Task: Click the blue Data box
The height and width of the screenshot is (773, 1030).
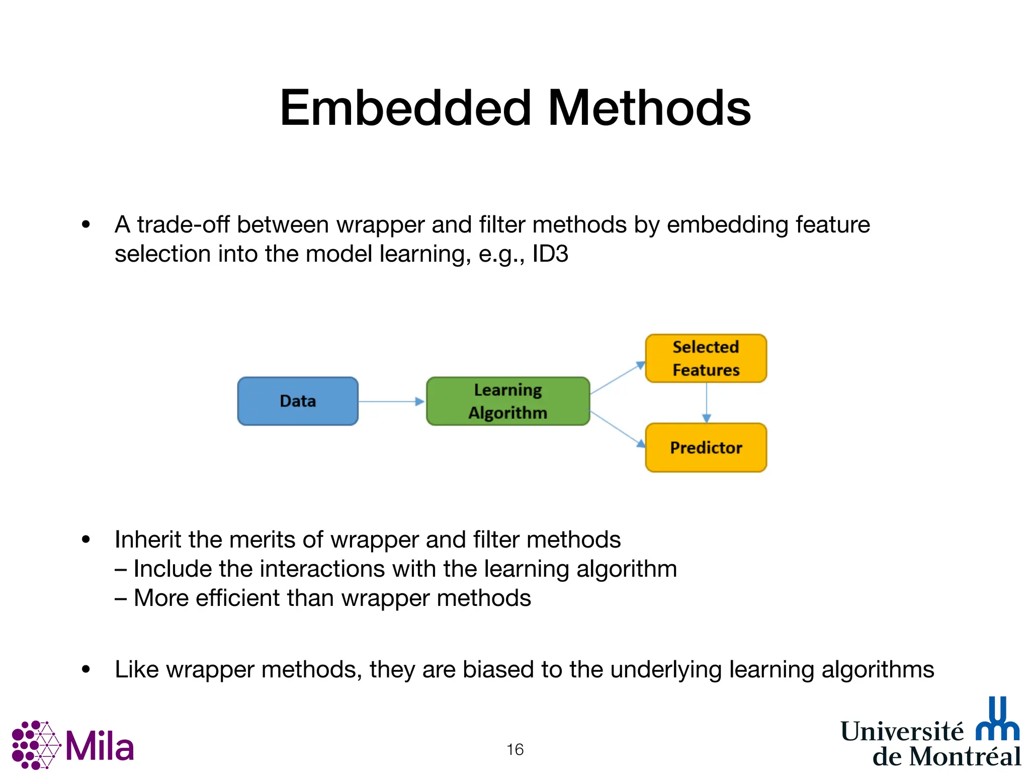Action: click(x=298, y=401)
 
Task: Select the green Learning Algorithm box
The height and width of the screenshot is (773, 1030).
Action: click(x=508, y=401)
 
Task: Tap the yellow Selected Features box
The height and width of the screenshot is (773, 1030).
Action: click(x=706, y=358)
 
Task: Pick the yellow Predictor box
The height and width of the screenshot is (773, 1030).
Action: click(x=706, y=447)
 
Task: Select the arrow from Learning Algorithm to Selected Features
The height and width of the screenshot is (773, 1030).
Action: click(x=617, y=378)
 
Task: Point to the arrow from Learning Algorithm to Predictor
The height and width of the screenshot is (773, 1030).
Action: click(x=617, y=429)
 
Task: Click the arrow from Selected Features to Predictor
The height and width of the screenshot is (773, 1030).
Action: click(x=706, y=403)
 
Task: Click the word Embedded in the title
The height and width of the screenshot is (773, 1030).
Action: click(x=405, y=108)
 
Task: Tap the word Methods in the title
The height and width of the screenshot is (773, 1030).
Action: click(x=649, y=108)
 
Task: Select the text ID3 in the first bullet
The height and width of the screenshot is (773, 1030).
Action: click(x=550, y=254)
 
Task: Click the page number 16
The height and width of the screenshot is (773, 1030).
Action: click(x=515, y=749)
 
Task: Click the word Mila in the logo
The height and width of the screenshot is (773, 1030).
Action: click(x=100, y=747)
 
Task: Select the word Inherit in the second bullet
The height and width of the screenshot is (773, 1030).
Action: click(x=148, y=539)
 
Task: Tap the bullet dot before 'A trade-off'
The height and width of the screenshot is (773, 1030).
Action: click(x=86, y=224)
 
